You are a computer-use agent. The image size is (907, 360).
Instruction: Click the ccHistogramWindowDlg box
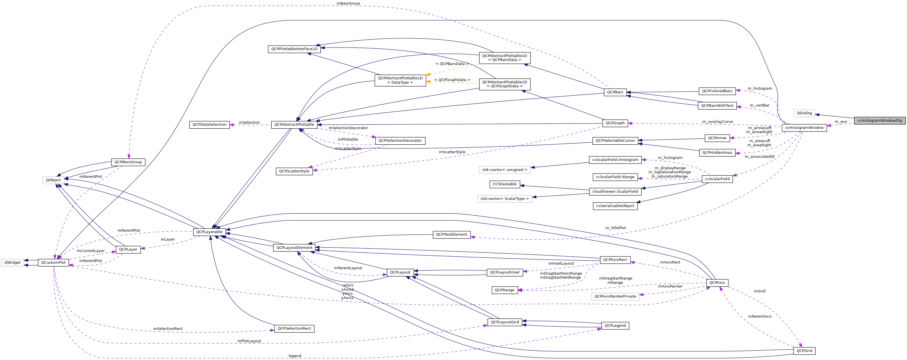(x=879, y=120)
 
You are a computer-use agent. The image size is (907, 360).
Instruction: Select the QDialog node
(x=804, y=113)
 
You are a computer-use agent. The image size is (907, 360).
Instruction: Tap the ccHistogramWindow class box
(x=804, y=128)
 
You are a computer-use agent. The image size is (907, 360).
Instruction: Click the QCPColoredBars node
(x=717, y=91)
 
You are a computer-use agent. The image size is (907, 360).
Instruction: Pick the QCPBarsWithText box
(x=717, y=106)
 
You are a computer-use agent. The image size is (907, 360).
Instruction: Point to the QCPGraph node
(x=615, y=123)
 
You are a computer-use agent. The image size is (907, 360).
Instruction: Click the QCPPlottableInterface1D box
(x=294, y=49)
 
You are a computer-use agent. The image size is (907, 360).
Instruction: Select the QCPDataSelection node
(x=209, y=125)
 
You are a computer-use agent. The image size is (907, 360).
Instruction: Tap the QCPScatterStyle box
(x=294, y=171)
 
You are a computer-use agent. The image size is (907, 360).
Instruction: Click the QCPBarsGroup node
(x=128, y=162)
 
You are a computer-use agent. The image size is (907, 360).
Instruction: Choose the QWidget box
(x=13, y=263)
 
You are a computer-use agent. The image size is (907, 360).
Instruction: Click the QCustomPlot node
(x=53, y=263)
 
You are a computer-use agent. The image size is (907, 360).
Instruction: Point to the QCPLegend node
(x=615, y=326)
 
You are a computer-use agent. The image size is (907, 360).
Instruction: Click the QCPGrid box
(x=804, y=351)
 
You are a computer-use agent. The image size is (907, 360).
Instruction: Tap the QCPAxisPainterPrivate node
(x=615, y=296)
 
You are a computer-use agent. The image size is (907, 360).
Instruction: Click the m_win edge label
(x=841, y=122)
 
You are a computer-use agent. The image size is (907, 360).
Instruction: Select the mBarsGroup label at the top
(x=348, y=3)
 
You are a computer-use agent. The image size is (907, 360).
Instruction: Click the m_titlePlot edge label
(x=616, y=228)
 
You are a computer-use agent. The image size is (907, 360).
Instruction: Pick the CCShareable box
(x=505, y=184)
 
